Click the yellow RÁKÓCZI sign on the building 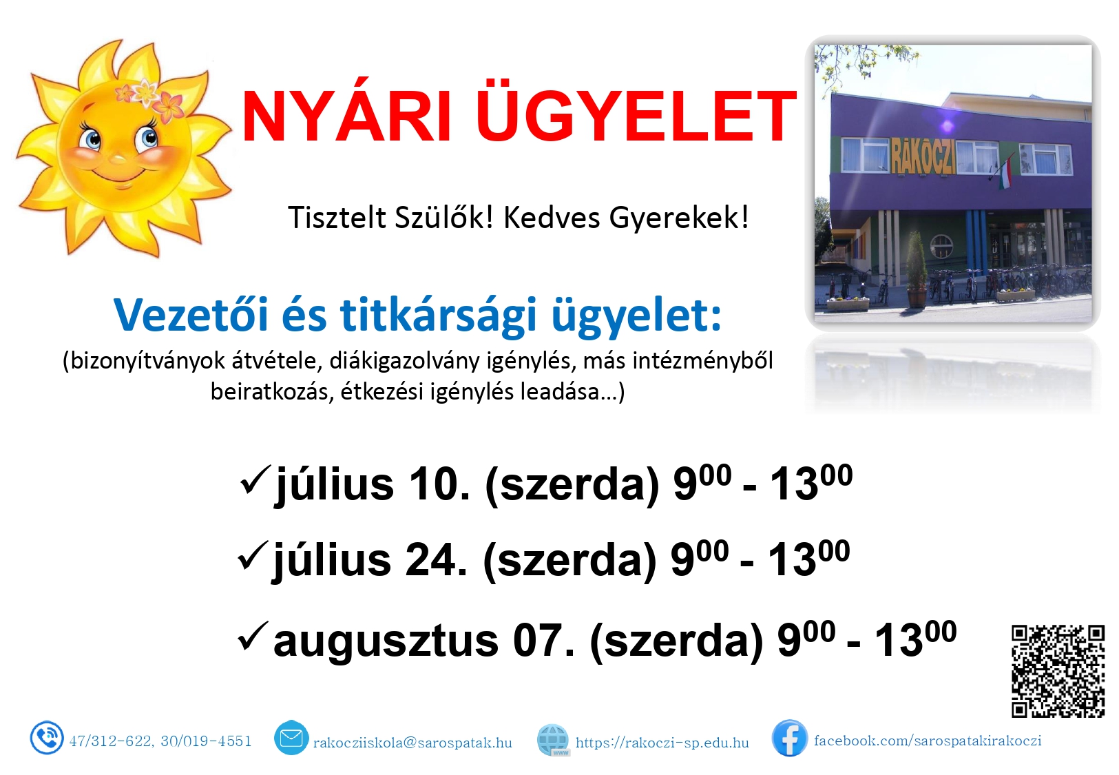(923, 156)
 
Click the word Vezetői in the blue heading (191, 315)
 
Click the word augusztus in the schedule (386, 641)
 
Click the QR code (1058, 670)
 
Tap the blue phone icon (46, 737)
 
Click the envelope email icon (291, 738)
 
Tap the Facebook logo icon (789, 738)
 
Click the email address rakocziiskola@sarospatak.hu (412, 743)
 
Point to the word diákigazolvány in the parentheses (404, 362)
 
